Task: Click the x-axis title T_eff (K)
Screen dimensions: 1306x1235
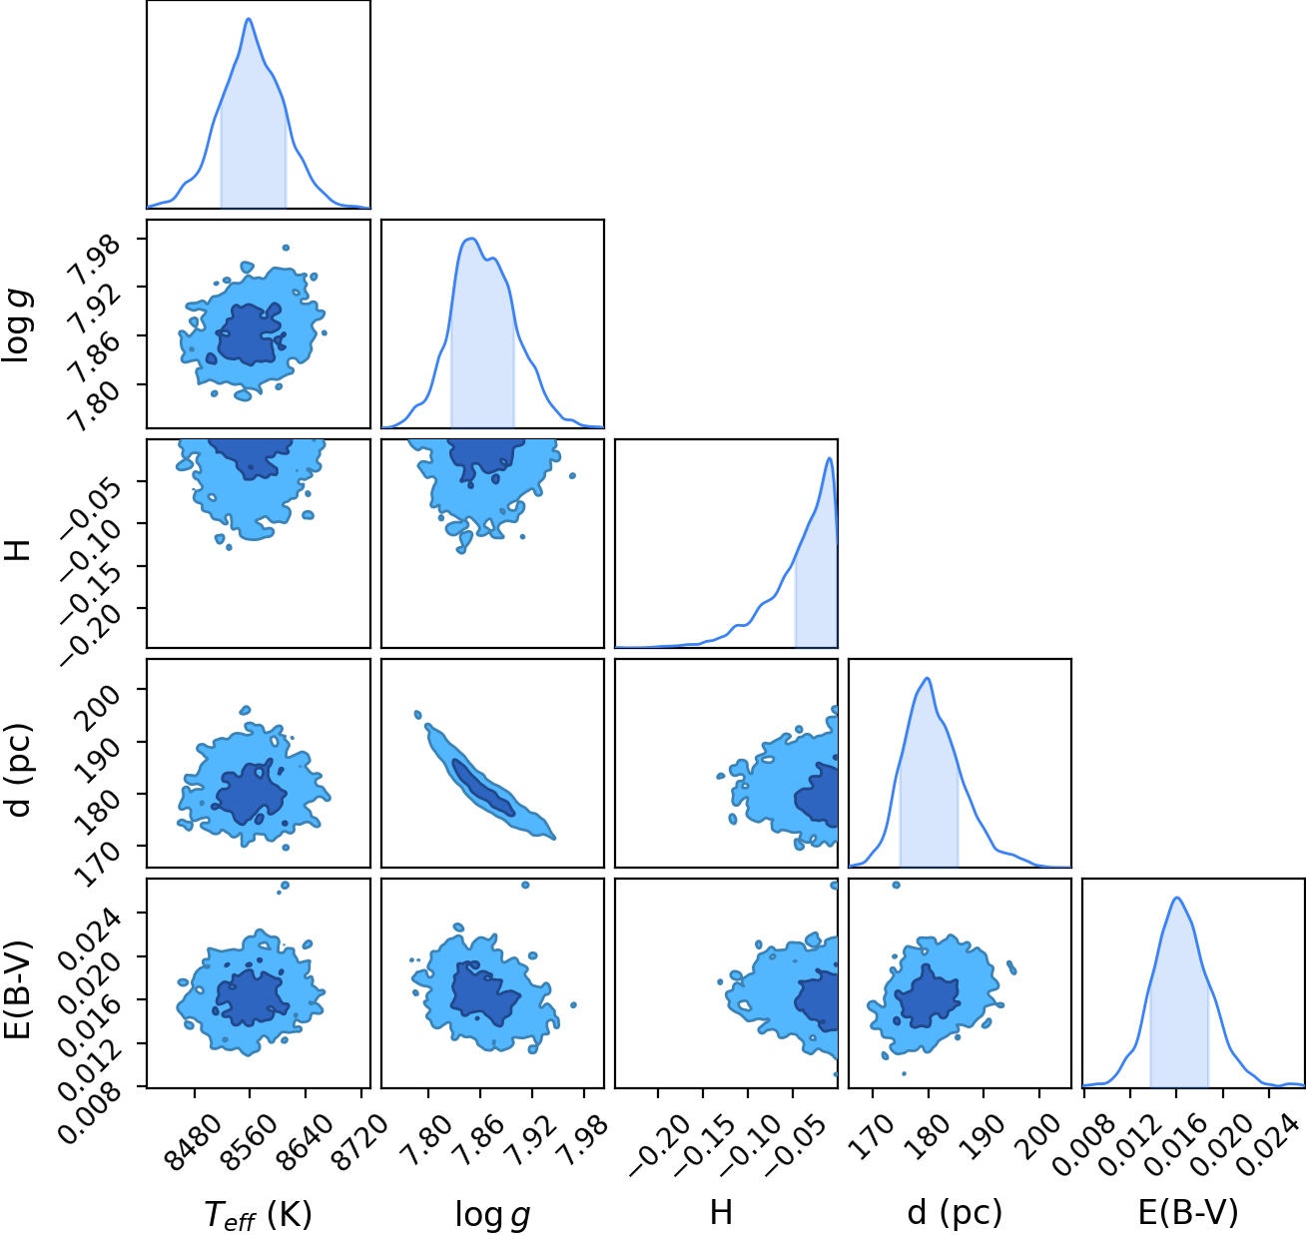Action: pyautogui.click(x=258, y=1214)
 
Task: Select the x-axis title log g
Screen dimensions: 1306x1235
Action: pyautogui.click(x=492, y=1215)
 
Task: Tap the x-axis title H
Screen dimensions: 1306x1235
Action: pyautogui.click(x=722, y=1212)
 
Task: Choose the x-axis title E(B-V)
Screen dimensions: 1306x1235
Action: pyautogui.click(x=1188, y=1213)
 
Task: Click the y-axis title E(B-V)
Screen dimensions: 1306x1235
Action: pyautogui.click(x=18, y=989)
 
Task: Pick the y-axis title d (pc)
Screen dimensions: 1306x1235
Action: pyautogui.click(x=18, y=770)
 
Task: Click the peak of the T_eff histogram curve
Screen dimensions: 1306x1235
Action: pyautogui.click(x=249, y=19)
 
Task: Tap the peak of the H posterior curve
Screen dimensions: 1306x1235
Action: pyautogui.click(x=829, y=457)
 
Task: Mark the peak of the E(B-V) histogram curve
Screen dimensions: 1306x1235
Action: pyautogui.click(x=1177, y=899)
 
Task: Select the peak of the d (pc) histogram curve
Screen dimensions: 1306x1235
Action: pyautogui.click(x=928, y=678)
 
